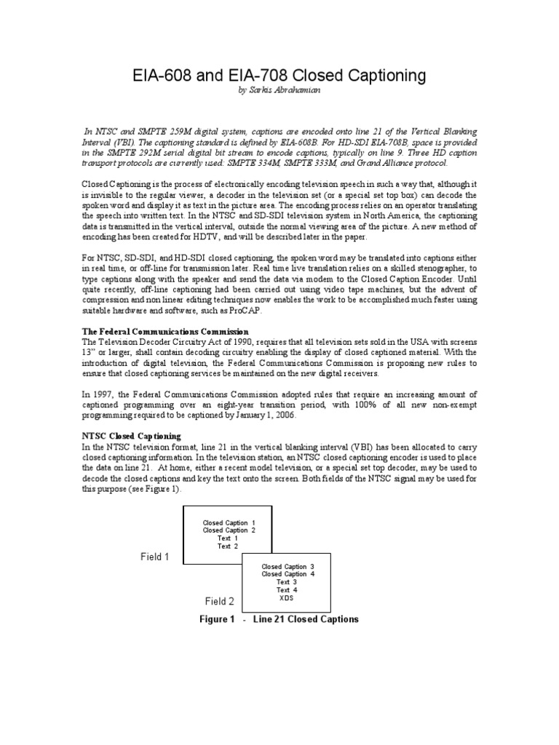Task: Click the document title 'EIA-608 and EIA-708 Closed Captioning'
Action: tap(279, 76)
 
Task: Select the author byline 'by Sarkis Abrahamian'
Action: tap(279, 91)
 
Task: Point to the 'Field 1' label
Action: tap(154, 557)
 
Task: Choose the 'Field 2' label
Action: tap(219, 602)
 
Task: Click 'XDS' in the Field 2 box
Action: tap(288, 597)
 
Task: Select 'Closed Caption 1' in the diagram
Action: tap(229, 523)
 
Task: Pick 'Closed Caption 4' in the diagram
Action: tap(288, 574)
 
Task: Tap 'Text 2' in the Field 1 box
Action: tap(228, 546)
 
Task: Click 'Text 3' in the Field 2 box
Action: tap(287, 582)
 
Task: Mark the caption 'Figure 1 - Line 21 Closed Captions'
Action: tap(279, 620)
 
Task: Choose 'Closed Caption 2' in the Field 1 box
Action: tap(229, 530)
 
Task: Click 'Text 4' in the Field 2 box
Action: tap(287, 589)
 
